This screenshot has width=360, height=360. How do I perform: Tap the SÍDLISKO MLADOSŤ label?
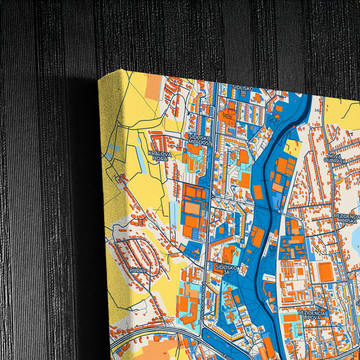point(200,139)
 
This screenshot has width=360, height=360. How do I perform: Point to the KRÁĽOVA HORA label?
point(159,155)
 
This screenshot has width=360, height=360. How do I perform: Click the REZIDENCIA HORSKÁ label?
point(347,218)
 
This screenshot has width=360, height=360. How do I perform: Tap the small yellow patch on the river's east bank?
point(293,147)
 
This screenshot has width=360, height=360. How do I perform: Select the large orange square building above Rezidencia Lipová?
point(326,272)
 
